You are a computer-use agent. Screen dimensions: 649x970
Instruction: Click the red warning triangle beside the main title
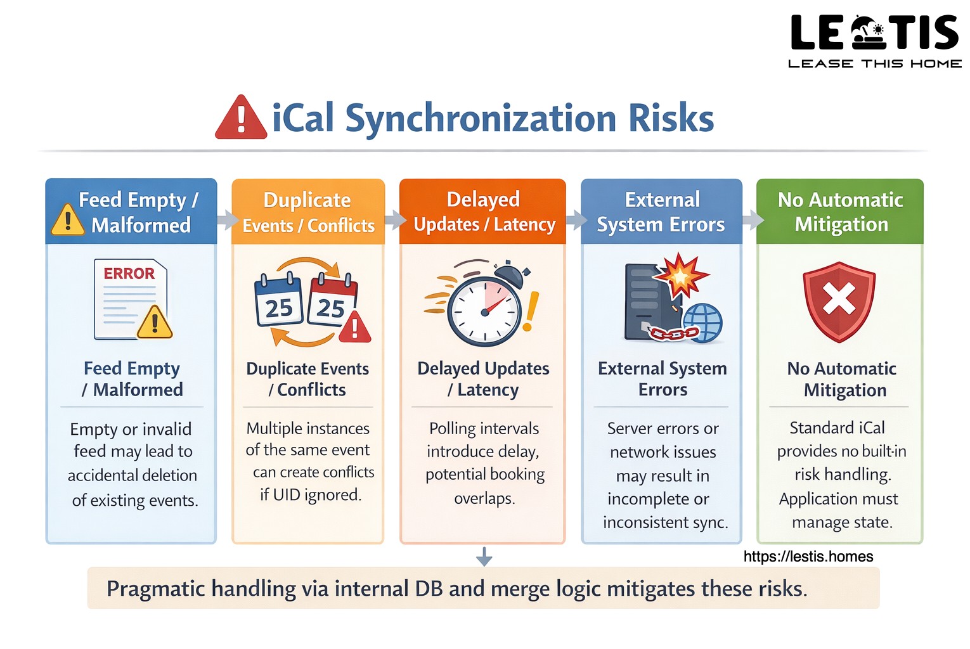(241, 119)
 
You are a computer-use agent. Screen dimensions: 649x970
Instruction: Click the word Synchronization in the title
(481, 119)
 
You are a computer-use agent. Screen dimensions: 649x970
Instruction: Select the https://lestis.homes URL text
(808, 556)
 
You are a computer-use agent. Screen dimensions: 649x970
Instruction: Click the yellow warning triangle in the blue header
(67, 220)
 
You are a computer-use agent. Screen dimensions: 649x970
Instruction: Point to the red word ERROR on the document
(129, 274)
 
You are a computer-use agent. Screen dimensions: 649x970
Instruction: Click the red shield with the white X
(839, 301)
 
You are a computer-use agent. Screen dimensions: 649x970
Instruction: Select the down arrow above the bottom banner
(484, 556)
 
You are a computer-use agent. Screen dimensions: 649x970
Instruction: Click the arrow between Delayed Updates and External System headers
(576, 220)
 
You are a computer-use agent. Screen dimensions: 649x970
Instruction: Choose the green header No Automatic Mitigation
(840, 212)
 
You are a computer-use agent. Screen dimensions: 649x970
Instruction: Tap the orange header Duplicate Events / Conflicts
(308, 212)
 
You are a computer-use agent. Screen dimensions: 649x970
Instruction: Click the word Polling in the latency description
(452, 429)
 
